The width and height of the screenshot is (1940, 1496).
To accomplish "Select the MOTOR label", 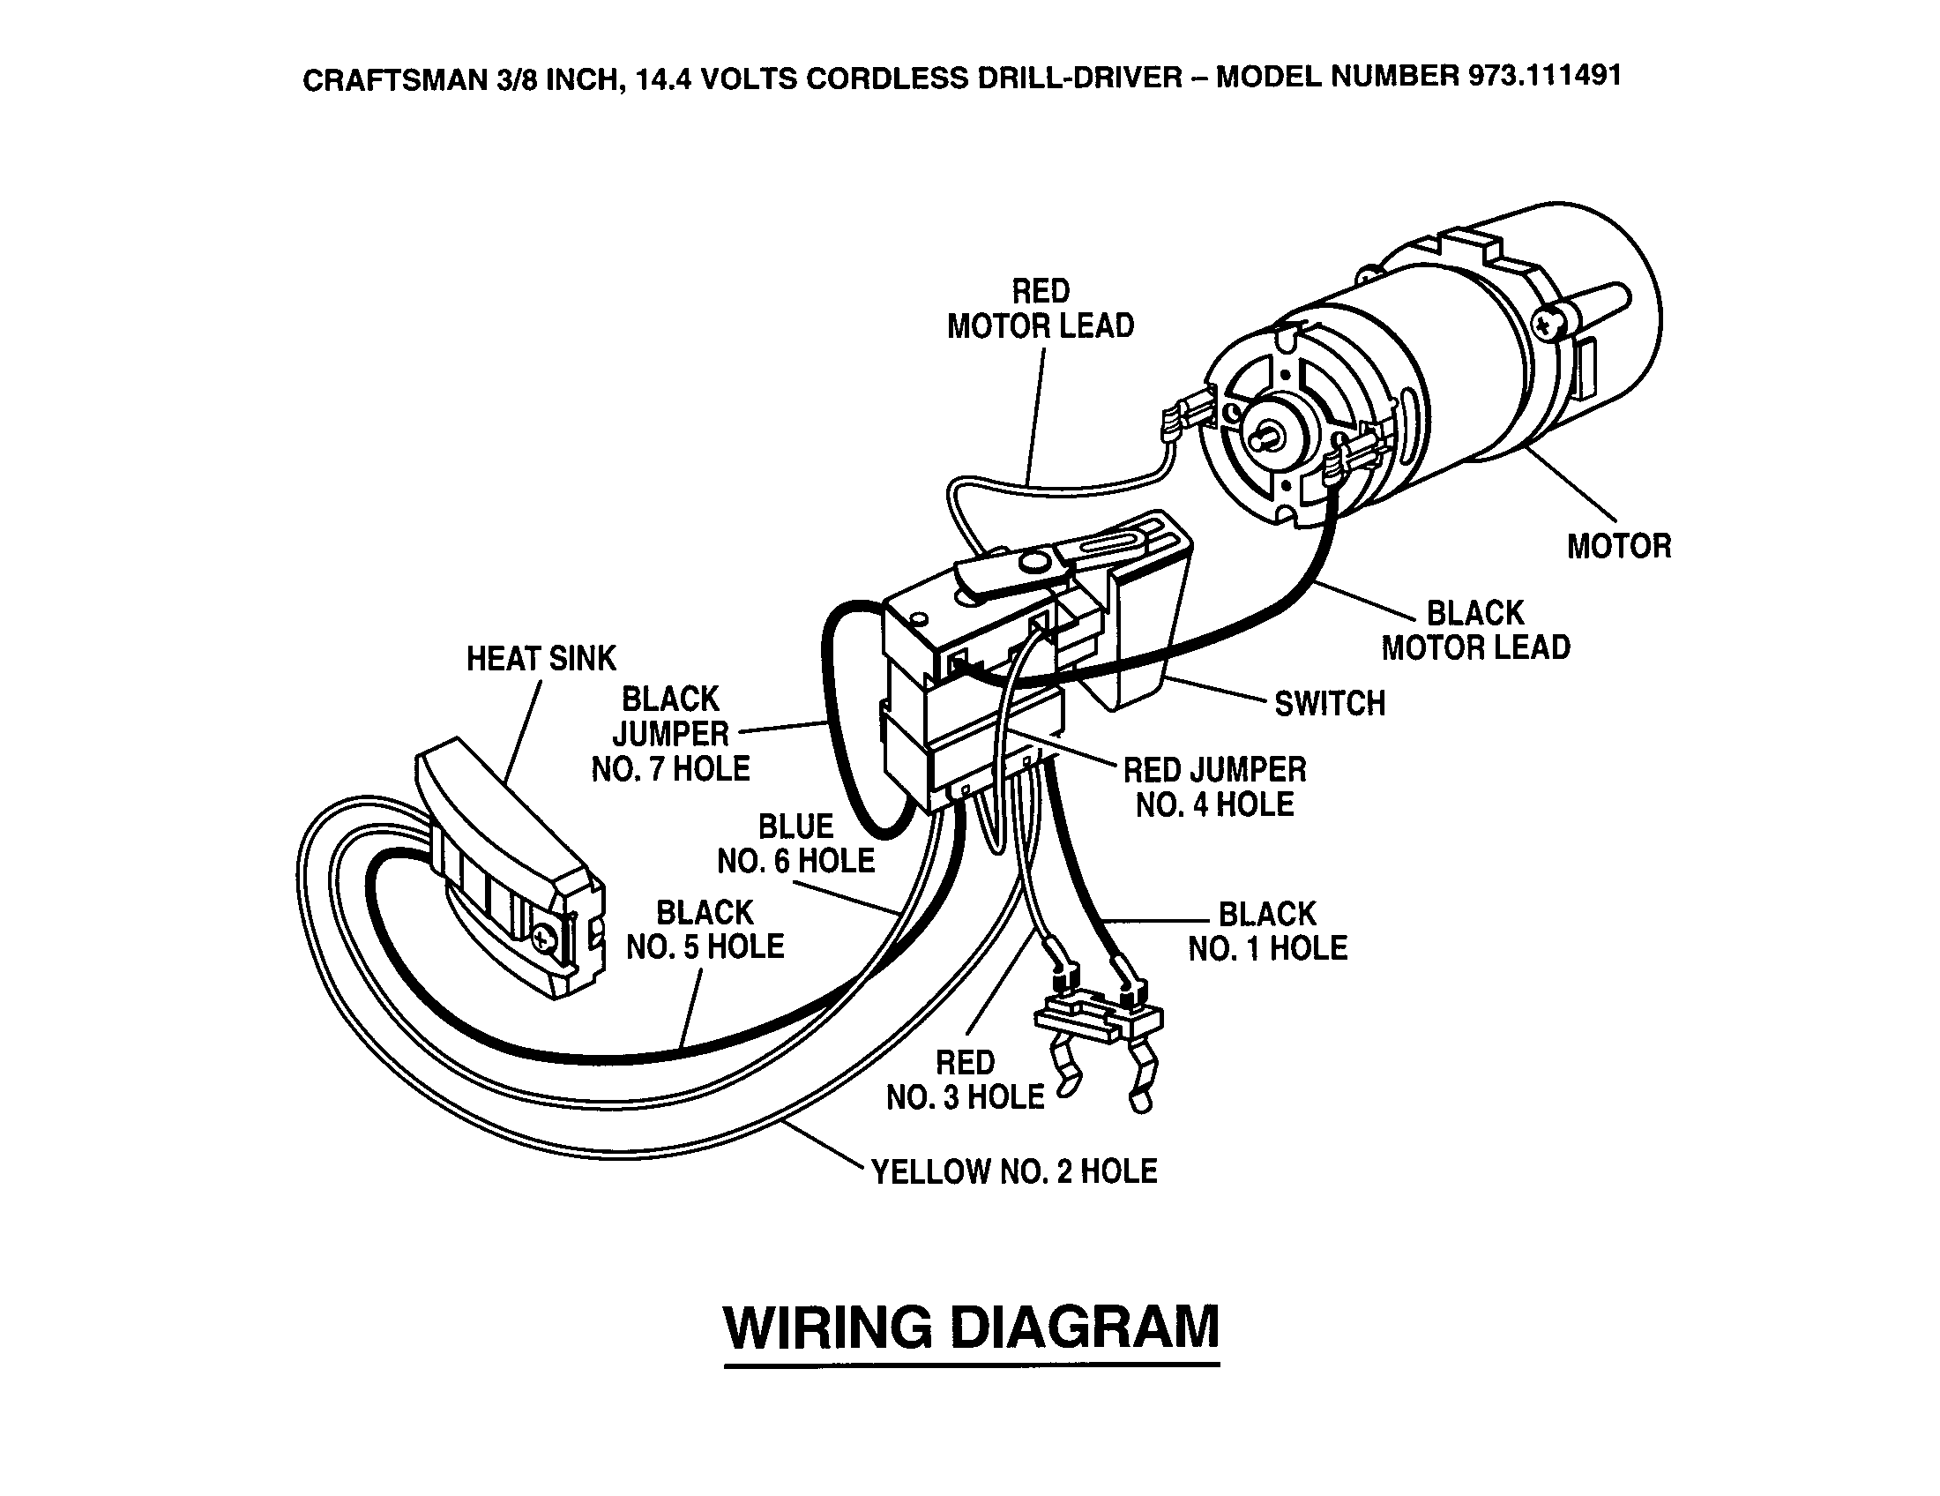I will click(x=1618, y=546).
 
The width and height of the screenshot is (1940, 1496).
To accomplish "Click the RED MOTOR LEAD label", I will click(x=1041, y=308).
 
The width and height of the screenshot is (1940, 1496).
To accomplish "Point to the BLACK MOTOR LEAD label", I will click(x=1475, y=630).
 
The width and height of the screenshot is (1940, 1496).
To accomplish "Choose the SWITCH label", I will click(x=1330, y=704).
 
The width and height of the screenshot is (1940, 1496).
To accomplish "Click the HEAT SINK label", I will click(x=541, y=658).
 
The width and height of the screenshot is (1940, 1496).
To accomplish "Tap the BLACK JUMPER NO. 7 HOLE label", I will click(x=672, y=734).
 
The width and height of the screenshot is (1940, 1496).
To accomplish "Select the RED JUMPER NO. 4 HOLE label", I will click(x=1214, y=787).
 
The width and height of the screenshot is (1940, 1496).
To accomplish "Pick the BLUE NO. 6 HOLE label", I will click(x=796, y=843).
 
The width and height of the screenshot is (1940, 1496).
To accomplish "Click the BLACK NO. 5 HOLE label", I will click(x=705, y=929).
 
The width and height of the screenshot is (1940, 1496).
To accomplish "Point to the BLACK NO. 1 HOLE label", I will click(x=1267, y=931).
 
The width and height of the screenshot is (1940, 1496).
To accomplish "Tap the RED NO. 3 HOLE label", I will click(x=966, y=1081).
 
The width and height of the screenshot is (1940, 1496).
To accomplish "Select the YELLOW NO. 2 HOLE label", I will click(x=1014, y=1171).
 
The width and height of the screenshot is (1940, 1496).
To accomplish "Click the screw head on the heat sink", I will click(x=543, y=936).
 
